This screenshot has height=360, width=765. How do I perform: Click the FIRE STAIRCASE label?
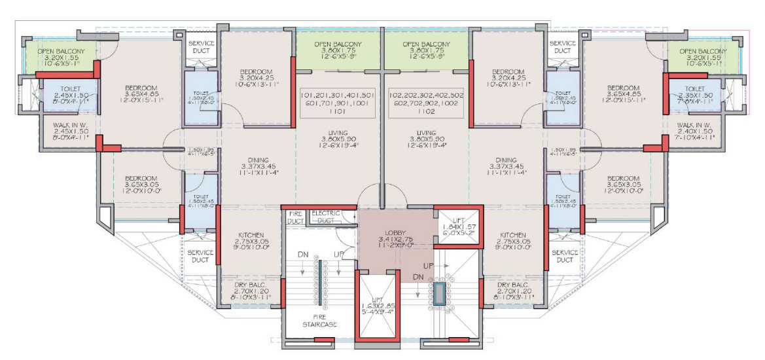(319, 319)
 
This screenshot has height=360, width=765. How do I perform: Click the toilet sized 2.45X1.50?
(63, 96)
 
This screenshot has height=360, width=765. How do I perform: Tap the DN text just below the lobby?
(418, 278)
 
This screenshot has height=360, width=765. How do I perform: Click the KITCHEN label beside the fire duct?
(251, 239)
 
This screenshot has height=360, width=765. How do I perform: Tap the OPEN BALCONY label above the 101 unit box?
(338, 48)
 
